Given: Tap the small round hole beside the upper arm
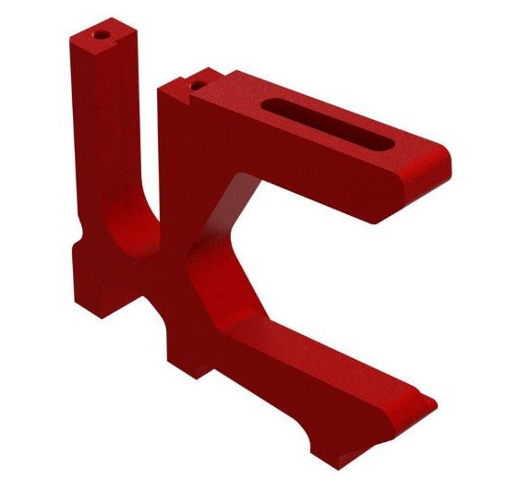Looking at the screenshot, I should [x=196, y=85].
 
